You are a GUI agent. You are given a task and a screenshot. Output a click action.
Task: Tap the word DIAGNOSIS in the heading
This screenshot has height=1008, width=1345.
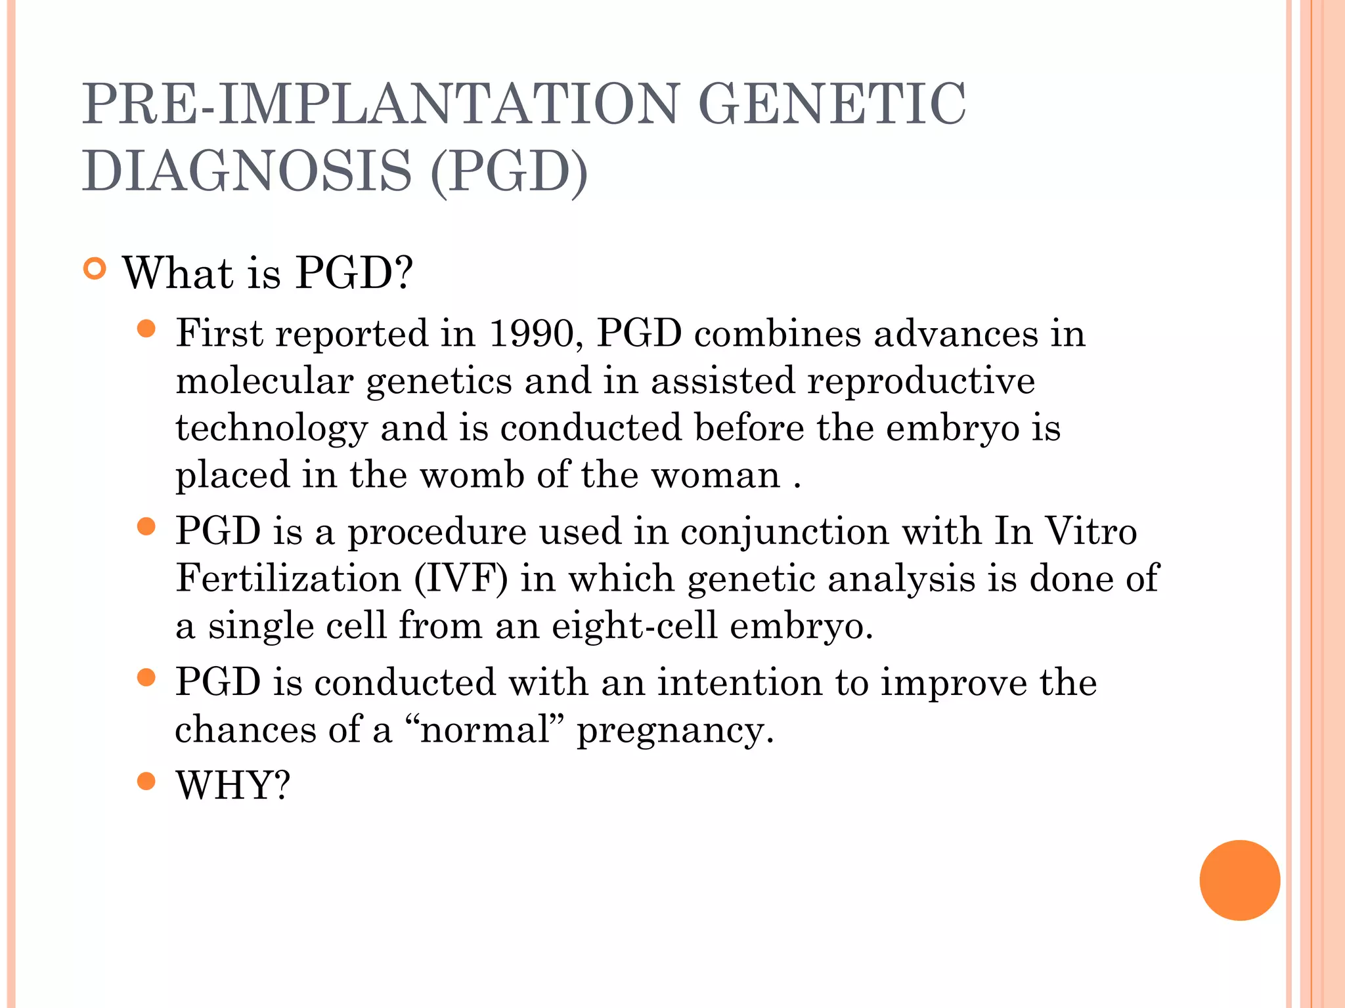coord(247,171)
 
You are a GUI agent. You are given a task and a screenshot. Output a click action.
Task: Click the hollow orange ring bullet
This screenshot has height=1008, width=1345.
coord(95,269)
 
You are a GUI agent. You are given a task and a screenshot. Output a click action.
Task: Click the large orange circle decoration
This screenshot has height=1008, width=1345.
coord(1239,880)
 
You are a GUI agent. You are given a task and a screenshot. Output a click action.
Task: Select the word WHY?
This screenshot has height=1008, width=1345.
coord(232,785)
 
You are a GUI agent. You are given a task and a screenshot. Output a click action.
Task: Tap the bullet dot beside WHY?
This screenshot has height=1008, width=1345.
coord(146,781)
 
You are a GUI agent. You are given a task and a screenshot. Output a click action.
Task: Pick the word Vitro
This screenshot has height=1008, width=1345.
coord(1090,531)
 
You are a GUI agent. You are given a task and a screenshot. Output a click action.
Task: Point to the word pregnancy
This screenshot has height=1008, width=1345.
coord(675,731)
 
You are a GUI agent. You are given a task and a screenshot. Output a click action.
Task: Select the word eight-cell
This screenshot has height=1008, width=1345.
coord(634,625)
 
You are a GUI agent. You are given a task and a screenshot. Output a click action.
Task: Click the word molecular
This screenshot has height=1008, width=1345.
coord(265,381)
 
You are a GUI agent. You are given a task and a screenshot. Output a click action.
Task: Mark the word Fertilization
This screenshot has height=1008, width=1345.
coord(288,579)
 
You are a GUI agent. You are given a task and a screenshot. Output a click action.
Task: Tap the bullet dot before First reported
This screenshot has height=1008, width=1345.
coord(146,329)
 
